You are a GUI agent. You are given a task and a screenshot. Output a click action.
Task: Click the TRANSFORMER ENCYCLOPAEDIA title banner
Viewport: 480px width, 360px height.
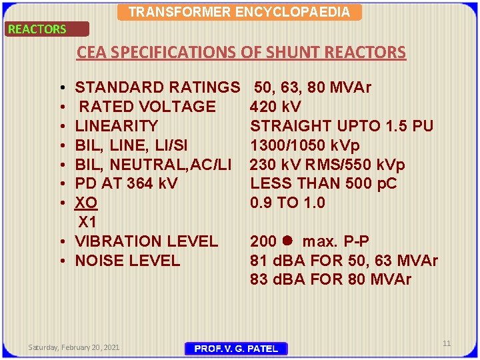tap(239, 12)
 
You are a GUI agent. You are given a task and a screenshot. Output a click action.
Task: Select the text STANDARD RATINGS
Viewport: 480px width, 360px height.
tap(157, 87)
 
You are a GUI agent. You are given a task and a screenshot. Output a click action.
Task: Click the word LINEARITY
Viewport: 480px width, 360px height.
tap(117, 126)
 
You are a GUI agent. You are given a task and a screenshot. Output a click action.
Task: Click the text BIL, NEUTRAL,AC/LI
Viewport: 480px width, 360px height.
tap(153, 165)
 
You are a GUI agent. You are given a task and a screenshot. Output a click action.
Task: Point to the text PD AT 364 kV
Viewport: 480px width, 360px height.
tap(127, 183)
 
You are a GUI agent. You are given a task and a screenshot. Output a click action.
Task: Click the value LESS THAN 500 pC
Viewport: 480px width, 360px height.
tap(323, 183)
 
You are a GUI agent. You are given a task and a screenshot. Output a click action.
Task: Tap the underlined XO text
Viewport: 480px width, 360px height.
tap(87, 203)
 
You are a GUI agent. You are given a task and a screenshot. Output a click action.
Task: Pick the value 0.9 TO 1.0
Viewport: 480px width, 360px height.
tap(287, 203)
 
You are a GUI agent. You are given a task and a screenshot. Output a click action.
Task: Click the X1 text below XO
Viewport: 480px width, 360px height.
tap(88, 222)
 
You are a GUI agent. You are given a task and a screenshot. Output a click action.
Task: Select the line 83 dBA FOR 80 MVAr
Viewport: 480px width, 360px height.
tap(331, 279)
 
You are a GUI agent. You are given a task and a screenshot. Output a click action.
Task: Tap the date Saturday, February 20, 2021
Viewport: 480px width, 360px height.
tap(74, 347)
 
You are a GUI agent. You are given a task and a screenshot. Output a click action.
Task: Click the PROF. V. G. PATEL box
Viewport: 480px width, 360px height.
tap(236, 349)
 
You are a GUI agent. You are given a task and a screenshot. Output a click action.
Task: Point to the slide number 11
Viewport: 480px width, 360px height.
tap(447, 343)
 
